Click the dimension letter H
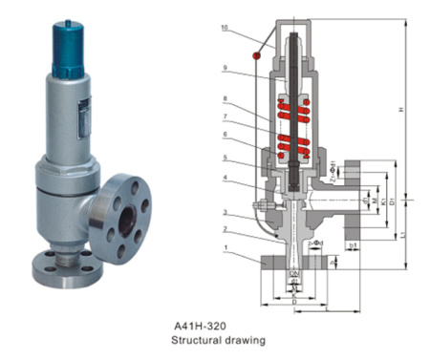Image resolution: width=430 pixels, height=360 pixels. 414,110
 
